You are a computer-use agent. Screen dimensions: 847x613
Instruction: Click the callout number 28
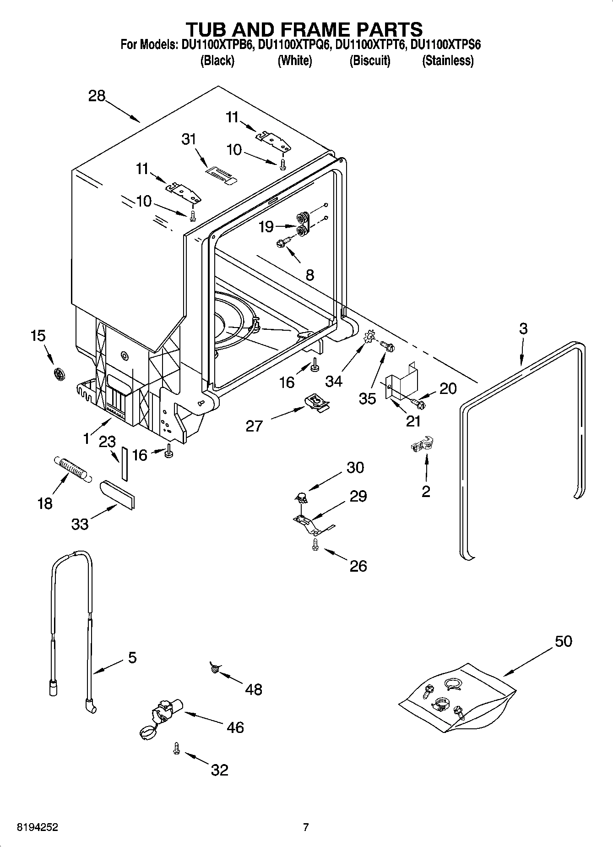pos(97,96)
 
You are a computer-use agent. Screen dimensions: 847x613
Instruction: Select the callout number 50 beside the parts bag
pos(563,641)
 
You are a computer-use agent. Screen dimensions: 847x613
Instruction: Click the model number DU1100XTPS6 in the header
pos(445,45)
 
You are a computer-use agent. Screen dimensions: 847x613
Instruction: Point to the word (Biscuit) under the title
pos(369,60)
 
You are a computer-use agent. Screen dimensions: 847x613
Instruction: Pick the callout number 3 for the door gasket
pos(523,328)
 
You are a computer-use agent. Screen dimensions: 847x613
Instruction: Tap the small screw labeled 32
pos(176,748)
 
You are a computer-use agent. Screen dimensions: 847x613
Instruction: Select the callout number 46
pos(235,727)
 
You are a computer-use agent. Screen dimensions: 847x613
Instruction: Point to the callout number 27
pos(254,426)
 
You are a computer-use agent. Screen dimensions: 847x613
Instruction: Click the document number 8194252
pos(37,827)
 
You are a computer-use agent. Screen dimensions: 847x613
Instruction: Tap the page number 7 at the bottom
pos(306,827)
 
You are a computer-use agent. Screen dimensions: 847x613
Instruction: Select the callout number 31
pos(189,139)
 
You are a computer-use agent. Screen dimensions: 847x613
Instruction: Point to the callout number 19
pos(266,226)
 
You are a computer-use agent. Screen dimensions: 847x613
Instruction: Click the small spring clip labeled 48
pos(214,669)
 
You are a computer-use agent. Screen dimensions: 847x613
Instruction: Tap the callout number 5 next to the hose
pos(132,658)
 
